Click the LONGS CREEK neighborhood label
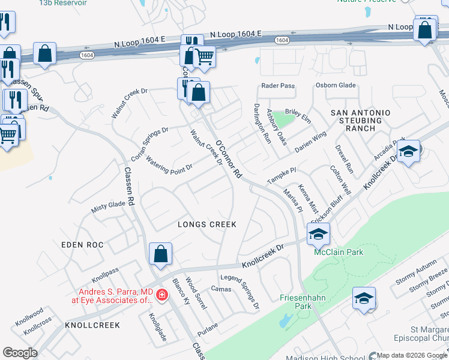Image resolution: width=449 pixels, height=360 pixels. click(x=207, y=224)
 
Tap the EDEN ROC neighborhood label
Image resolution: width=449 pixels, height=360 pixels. click(x=82, y=245)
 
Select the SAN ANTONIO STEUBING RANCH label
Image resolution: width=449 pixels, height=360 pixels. click(x=361, y=121)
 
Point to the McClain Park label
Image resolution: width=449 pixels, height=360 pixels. click(x=339, y=252)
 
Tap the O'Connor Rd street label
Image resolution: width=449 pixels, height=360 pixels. click(x=229, y=160)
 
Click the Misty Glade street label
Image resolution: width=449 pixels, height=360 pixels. click(x=108, y=207)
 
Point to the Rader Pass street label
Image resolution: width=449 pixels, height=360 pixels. click(x=278, y=86)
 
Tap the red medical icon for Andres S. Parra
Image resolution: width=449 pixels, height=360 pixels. click(x=161, y=295)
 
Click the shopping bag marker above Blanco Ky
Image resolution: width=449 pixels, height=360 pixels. click(x=161, y=254)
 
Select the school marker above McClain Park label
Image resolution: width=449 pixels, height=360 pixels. click(x=318, y=233)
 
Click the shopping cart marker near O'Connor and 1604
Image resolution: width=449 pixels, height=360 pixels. click(x=205, y=58)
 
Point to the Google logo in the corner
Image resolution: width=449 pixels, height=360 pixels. click(x=20, y=352)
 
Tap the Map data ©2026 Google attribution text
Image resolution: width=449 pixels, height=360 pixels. click(x=411, y=356)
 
